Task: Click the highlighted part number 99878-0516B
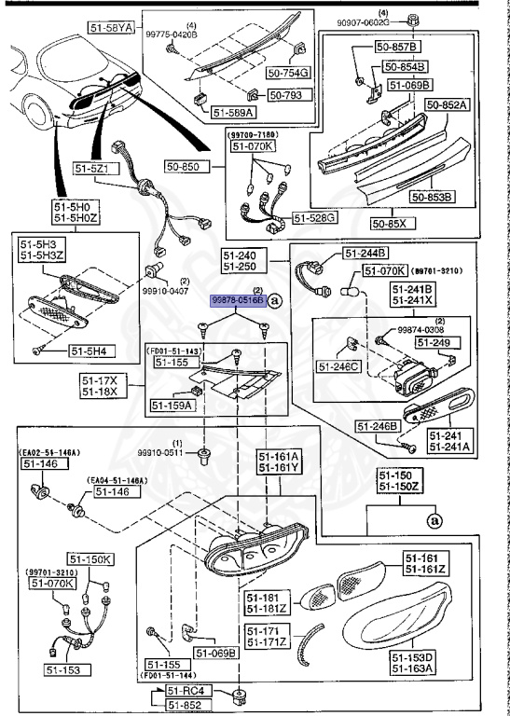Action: point(236,301)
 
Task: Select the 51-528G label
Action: point(315,218)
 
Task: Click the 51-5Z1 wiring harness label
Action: point(92,169)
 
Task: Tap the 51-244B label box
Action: point(365,253)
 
